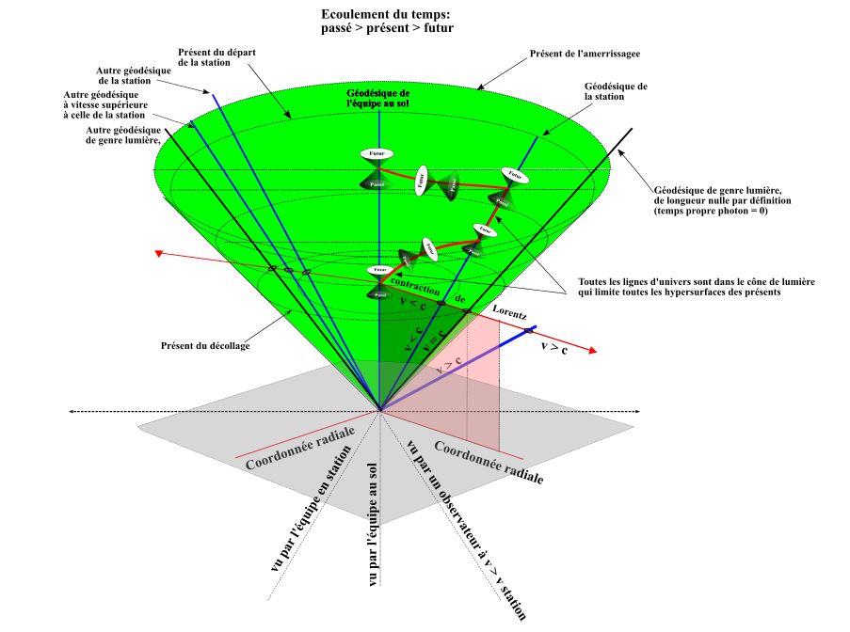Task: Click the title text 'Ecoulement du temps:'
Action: [x=386, y=16]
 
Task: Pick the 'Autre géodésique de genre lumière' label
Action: [x=120, y=134]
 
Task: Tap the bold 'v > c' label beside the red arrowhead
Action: [x=554, y=347]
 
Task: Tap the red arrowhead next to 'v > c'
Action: [x=590, y=351]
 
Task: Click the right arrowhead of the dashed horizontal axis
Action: [x=638, y=411]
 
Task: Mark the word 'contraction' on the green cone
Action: [x=414, y=288]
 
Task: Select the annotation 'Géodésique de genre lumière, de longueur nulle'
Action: [x=723, y=201]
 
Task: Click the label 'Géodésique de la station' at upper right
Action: [x=615, y=90]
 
